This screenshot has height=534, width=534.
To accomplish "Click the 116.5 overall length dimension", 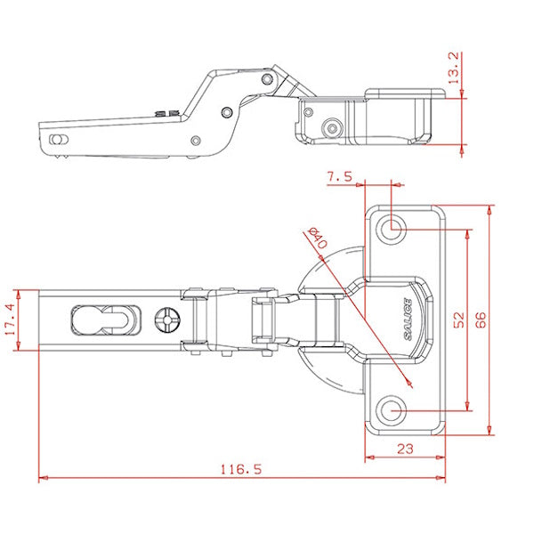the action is [241, 469].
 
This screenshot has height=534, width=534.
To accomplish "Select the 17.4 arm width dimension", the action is [10, 320].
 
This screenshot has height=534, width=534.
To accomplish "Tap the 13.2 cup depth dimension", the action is [454, 68].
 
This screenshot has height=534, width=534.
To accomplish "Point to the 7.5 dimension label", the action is [340, 177].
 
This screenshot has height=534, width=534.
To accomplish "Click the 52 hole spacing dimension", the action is [458, 320].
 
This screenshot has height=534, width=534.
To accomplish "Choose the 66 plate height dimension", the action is [481, 320].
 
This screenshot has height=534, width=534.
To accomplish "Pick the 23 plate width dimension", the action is [405, 449].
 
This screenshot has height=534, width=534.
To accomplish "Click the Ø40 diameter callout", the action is [317, 239].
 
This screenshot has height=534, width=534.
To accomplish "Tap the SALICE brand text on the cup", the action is [408, 320].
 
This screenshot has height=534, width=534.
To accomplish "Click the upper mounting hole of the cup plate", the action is [391, 229].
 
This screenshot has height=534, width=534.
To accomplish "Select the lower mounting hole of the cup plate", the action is [391, 410].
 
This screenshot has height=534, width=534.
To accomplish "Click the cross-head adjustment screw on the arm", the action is [167, 320].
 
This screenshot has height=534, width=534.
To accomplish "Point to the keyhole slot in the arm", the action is [106, 320].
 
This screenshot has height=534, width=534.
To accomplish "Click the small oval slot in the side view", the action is [59, 140].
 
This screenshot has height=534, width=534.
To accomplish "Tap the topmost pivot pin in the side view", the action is [267, 79].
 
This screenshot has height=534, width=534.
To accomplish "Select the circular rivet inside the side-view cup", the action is [332, 128].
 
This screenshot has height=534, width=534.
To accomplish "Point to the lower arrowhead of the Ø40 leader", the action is [409, 384].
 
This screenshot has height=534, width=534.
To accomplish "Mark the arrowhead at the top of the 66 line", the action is [489, 210].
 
